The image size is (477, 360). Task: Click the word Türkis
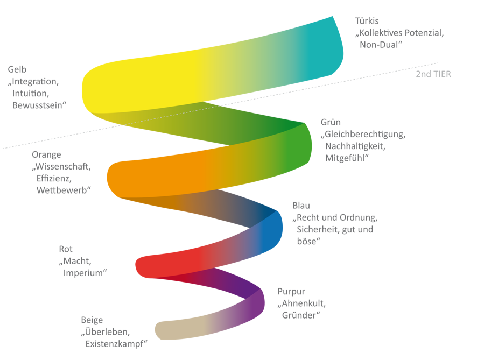point(368,21)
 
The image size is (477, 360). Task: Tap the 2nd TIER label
point(433,74)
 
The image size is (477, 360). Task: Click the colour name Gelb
point(17,69)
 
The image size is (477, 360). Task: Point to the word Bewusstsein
point(38,105)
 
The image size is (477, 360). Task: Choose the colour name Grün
point(331,122)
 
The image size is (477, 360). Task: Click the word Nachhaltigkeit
point(355,146)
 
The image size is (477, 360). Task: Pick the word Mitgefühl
point(346,158)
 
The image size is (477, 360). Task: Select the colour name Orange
point(46,154)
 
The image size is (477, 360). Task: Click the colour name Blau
point(301,206)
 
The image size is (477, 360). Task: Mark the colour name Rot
point(66,249)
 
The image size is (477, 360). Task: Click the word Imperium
point(83,273)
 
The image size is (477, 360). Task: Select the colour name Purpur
point(291,292)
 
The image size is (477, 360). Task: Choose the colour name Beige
point(92,320)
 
